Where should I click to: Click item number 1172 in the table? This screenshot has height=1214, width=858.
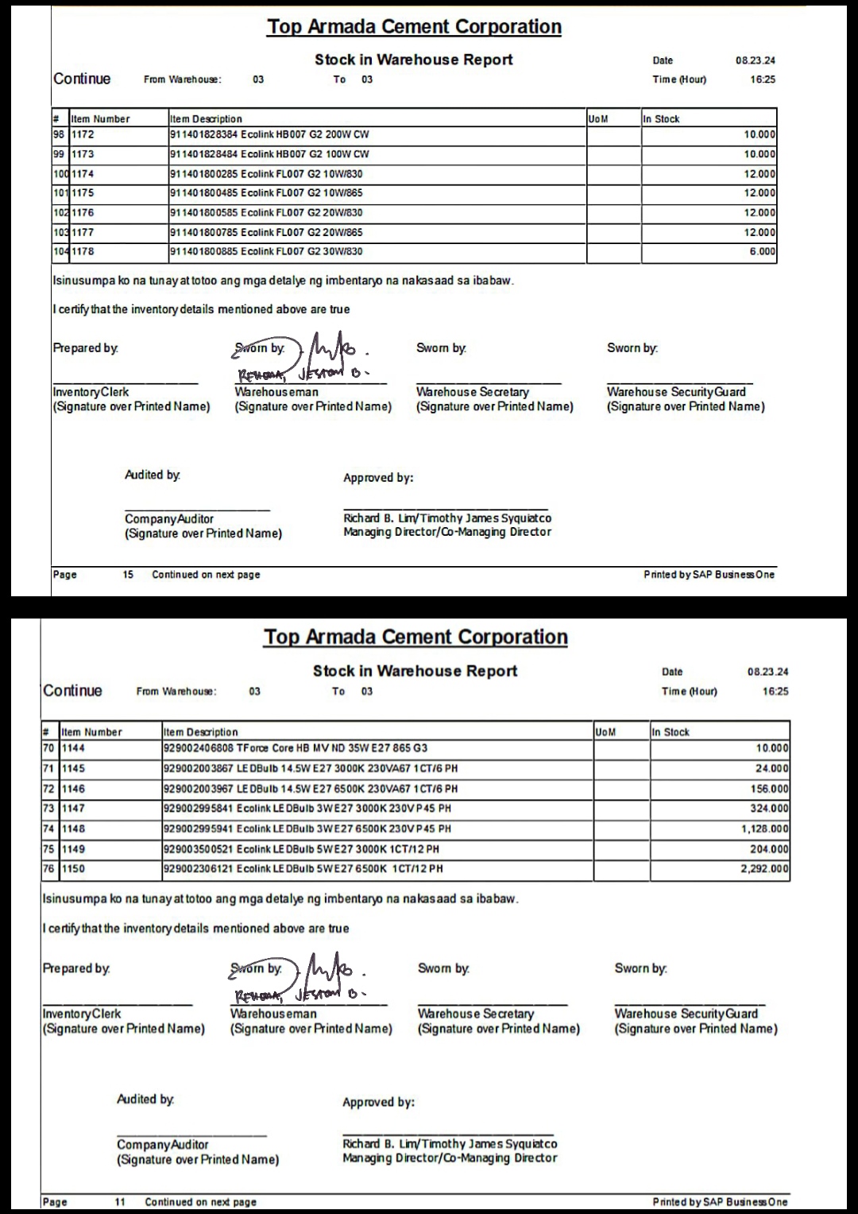[x=83, y=135]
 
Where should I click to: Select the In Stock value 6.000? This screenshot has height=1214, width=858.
[x=762, y=252]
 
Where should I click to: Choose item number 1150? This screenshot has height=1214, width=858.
[x=73, y=869]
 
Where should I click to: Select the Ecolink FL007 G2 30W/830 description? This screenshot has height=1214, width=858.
[x=265, y=252]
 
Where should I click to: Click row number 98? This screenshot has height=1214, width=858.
[x=60, y=135]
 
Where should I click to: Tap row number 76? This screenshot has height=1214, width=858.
[x=48, y=869]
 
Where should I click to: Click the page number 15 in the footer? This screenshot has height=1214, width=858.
[x=128, y=575]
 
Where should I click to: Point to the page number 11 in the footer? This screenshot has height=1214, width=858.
[x=120, y=1202]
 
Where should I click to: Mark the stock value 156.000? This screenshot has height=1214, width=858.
[x=771, y=789]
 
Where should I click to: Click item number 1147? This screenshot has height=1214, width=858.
[x=73, y=809]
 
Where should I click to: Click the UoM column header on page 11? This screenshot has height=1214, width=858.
[x=605, y=732]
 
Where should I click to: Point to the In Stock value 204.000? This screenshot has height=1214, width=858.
[x=771, y=849]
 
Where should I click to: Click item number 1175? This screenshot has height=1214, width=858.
[x=83, y=193]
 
